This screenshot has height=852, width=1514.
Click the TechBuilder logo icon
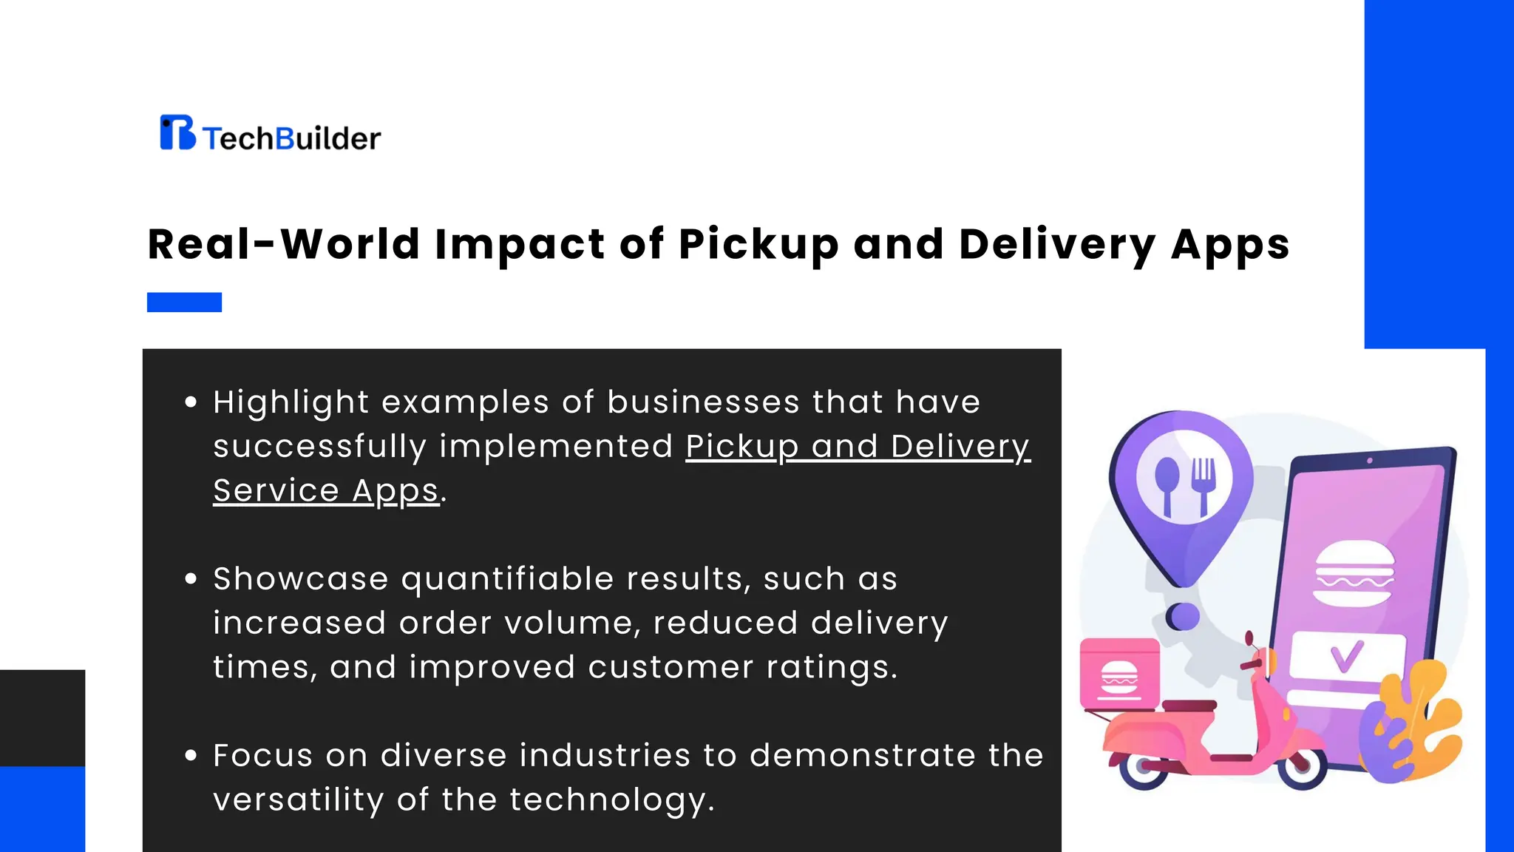pyautogui.click(x=177, y=132)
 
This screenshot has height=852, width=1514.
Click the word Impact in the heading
pyautogui.click(x=520, y=244)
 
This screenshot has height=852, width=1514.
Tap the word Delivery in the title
pyautogui.click(x=1057, y=244)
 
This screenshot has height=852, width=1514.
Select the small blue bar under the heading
pyautogui.click(x=184, y=302)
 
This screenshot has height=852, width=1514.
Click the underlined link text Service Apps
pyautogui.click(x=326, y=490)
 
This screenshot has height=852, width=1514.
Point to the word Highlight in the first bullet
pyautogui.click(x=291, y=402)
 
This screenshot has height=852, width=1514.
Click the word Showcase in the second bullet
pyautogui.click(x=300, y=578)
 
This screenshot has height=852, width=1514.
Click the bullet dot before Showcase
pyautogui.click(x=191, y=578)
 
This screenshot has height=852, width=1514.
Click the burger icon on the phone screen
pyautogui.click(x=1354, y=573)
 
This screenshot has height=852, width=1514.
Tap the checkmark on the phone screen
pyautogui.click(x=1345, y=656)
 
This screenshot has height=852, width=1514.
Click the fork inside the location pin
pyautogui.click(x=1203, y=484)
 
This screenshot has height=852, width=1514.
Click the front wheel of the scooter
pyautogui.click(x=1303, y=768)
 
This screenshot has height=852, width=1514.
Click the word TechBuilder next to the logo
pyautogui.click(x=291, y=138)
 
